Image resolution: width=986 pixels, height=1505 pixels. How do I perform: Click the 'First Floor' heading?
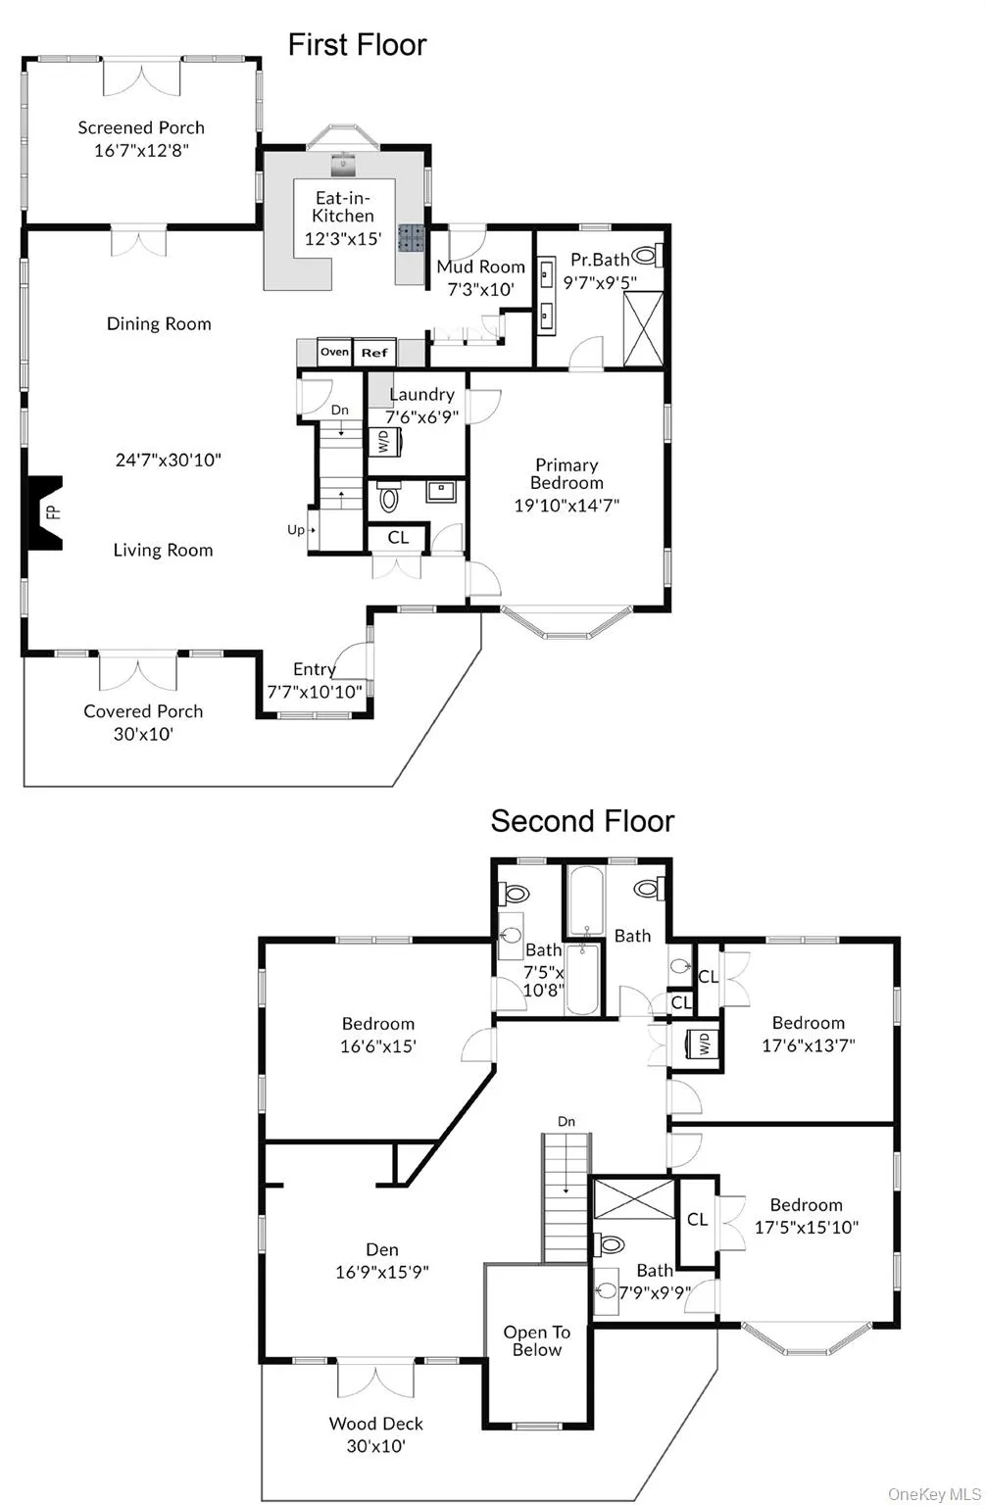357,45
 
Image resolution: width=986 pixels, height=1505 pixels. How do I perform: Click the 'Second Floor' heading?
582,821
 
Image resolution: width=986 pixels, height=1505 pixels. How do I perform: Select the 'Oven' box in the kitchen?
334,352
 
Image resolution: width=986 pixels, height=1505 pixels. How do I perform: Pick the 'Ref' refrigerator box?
374,353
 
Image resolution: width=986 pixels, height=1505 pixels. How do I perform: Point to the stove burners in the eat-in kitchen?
410,237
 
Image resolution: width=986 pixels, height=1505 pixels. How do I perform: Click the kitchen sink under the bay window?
342,164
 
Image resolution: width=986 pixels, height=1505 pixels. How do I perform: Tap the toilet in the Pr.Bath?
646,257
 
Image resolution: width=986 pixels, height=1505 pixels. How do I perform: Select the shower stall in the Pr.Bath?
644,328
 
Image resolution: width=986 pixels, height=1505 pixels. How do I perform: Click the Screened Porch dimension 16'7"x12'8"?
141,151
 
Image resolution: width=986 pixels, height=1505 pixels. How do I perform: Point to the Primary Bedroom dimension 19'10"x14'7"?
567,506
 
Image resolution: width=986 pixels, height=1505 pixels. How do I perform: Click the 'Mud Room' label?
480,267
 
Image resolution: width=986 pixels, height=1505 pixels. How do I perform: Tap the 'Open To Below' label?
536,1340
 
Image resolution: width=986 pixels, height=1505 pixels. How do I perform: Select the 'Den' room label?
381,1249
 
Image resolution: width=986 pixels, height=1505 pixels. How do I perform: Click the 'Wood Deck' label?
375,1424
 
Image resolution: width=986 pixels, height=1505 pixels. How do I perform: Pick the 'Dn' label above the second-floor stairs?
567,1122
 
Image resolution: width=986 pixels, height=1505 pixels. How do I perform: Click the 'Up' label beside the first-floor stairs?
296,530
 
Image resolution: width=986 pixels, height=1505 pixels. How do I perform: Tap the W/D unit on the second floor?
703,1044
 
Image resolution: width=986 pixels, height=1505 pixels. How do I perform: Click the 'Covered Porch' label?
143,711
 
